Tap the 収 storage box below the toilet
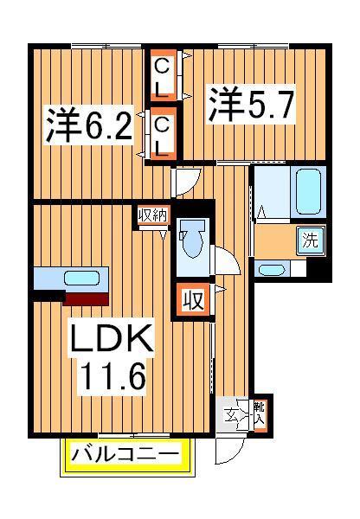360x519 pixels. tap(194, 301)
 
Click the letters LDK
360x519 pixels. tap(112, 338)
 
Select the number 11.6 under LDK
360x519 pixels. tap(112, 376)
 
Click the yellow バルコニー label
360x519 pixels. tap(126, 453)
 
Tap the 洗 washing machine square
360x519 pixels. tap(309, 240)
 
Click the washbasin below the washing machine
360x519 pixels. tap(272, 269)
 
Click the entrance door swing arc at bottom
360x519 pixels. tap(228, 450)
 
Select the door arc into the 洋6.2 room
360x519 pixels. tap(186, 181)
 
